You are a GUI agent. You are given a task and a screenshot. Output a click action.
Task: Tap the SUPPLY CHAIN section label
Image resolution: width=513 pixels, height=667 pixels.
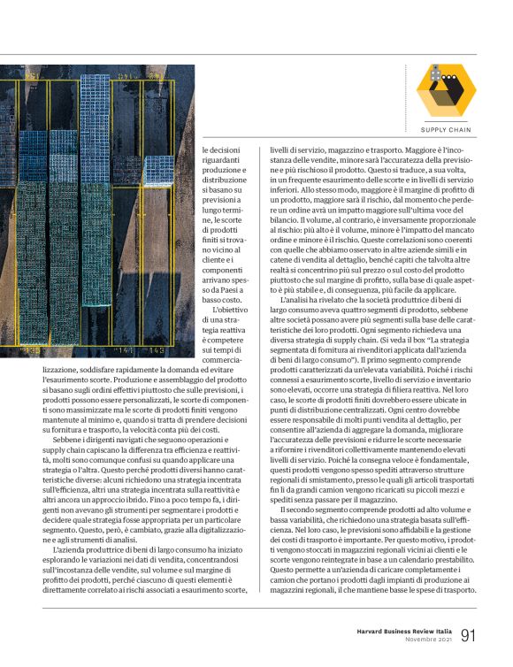pyautogui.click(x=446, y=129)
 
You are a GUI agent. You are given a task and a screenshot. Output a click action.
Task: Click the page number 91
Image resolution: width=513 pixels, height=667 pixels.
pyautogui.click(x=468, y=635)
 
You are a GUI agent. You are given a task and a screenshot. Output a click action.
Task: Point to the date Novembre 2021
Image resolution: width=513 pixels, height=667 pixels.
pyautogui.click(x=426, y=640)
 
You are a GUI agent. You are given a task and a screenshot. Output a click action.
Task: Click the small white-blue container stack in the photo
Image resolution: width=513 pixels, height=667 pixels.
pyautogui.click(x=158, y=169)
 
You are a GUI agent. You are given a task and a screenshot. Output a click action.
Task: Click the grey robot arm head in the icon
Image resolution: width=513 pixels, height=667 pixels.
pyautogui.click(x=437, y=77)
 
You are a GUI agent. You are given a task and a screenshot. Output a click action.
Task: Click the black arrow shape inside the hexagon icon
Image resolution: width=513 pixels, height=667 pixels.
pyautogui.click(x=451, y=96)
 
